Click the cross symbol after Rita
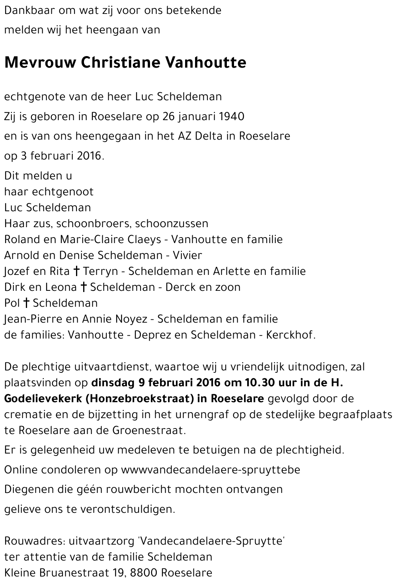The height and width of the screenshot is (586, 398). click(x=76, y=271)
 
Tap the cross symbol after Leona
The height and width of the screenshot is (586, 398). click(x=84, y=287)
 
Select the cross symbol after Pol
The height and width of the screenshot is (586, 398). click(x=26, y=303)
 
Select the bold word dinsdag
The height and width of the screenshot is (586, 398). click(x=113, y=383)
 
